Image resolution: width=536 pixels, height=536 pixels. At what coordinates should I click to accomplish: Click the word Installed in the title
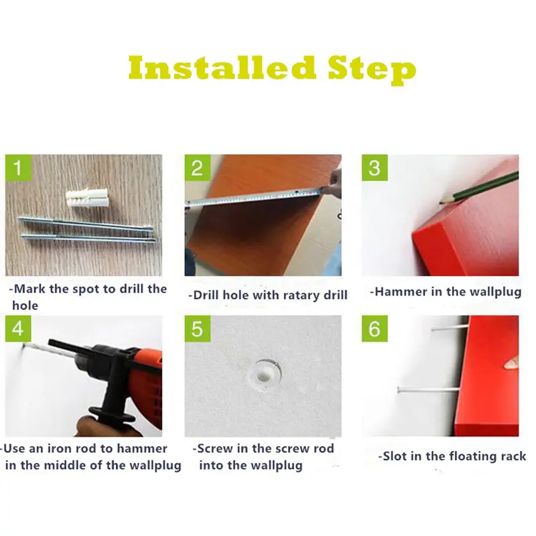coord(222,68)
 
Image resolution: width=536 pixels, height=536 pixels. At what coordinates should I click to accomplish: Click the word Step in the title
coord(372,70)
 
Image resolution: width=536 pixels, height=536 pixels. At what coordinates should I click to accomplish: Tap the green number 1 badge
coord(18,167)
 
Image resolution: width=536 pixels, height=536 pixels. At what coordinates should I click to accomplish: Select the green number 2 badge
coord(198,167)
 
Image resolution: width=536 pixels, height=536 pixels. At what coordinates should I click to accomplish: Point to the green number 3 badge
coord(375,167)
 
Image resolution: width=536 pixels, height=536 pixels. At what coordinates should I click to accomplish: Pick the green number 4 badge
coord(18,328)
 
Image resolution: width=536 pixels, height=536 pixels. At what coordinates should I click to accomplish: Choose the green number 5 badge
coord(198,328)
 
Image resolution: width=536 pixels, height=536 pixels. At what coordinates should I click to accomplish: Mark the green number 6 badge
coord(375,328)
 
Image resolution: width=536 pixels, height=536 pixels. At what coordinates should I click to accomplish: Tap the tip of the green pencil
coord(440,203)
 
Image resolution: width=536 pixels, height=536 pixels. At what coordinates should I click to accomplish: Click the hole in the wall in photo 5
coord(264,377)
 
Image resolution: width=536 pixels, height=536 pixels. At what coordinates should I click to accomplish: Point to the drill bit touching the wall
coord(36,350)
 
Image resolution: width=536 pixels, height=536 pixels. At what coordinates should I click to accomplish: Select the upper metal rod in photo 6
coord(450,328)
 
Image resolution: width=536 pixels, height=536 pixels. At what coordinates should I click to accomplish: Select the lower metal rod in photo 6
coord(428,389)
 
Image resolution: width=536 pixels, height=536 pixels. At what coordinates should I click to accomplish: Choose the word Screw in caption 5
coord(215,448)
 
